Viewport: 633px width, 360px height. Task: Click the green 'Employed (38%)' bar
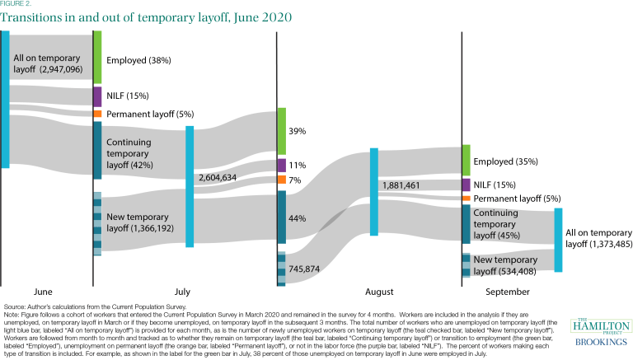point(97,57)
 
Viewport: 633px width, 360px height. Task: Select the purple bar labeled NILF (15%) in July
point(97,96)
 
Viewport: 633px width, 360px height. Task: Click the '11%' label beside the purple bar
point(298,165)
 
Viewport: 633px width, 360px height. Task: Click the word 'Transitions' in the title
point(34,17)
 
